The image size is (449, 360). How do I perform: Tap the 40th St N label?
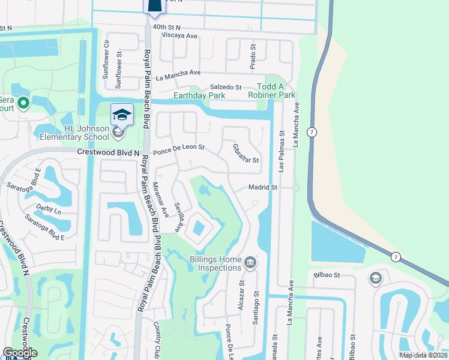coord(166,28)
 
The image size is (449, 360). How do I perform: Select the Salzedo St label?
coord(225,88)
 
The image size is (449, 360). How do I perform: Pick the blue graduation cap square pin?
coord(122,114)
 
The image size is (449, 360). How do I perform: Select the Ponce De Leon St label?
coord(179,147)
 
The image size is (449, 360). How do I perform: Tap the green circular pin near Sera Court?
coord(23,103)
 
